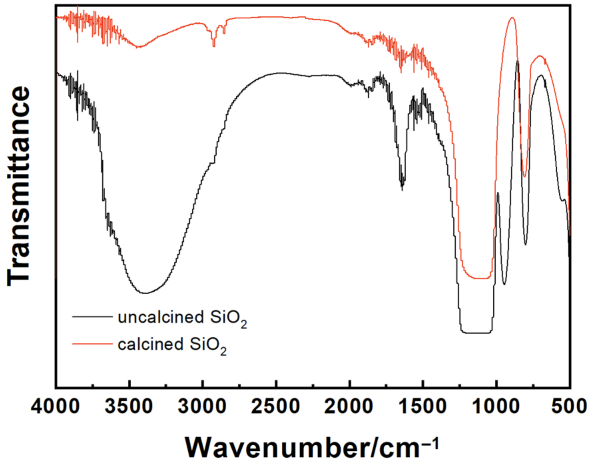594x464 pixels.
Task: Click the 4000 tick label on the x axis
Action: coord(55,407)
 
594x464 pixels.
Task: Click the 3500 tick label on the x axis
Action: coord(129,407)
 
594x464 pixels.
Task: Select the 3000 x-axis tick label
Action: coord(202,407)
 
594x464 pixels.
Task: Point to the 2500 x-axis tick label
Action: coord(276,407)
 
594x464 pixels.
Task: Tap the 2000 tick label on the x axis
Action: coord(349,407)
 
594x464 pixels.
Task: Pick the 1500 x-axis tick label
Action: coord(423,407)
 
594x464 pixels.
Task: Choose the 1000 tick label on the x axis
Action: coord(496,407)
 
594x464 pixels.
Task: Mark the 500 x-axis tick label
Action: coord(569,407)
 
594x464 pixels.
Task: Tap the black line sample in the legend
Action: coord(92,317)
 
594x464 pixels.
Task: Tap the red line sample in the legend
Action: coord(92,344)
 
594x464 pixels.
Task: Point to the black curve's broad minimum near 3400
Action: coord(145,293)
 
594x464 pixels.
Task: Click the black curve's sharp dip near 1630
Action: coord(402,188)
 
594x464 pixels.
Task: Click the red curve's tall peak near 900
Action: coord(512,18)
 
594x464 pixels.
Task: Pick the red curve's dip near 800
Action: coord(524,176)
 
